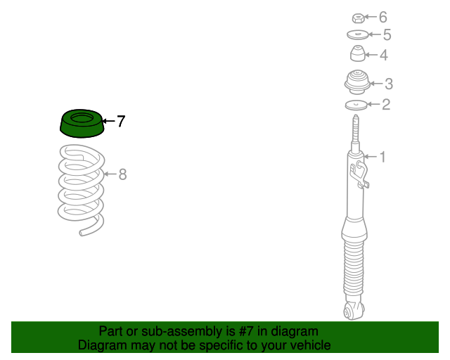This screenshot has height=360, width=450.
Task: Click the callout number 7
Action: point(121,121)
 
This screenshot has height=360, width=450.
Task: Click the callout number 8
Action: point(122,174)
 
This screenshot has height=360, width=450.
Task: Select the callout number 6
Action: point(383,17)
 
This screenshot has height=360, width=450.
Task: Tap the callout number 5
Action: point(387,34)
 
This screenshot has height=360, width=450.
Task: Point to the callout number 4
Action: point(383,54)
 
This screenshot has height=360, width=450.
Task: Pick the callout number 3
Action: point(388,84)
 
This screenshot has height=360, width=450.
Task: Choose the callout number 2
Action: point(385,105)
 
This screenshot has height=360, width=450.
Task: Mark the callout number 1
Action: point(382,157)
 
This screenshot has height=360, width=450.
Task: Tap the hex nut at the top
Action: point(357,17)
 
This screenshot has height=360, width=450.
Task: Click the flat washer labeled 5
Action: point(358,34)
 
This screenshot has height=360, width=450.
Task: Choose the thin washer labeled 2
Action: point(357,105)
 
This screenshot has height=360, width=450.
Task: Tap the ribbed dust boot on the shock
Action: point(356,271)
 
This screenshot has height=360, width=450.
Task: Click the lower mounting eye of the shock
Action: point(351,309)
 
